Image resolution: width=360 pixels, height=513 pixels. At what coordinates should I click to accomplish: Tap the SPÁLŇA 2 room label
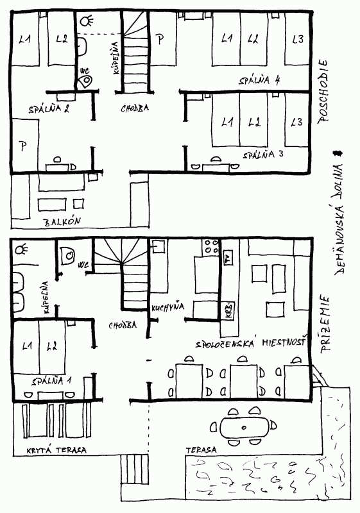pos(49,109)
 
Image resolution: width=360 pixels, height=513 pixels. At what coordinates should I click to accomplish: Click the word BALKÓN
pos(62,222)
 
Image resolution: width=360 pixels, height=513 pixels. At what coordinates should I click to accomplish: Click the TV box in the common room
pos(227,260)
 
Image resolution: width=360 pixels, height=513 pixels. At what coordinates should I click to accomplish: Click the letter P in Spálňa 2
pos(23,146)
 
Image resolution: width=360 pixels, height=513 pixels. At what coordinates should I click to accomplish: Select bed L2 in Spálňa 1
pos(52,347)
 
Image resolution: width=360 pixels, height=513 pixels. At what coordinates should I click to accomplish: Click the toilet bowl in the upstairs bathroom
pos(84,81)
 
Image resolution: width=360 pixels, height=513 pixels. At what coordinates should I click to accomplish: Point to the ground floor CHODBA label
pos(122,325)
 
